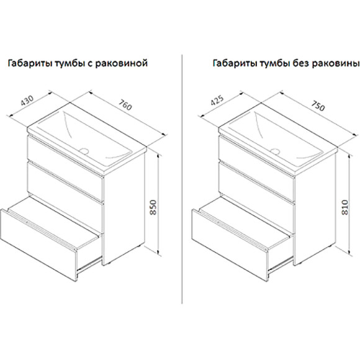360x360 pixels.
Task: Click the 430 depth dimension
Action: (x=27, y=101)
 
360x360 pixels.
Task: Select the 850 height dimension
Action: (x=153, y=207)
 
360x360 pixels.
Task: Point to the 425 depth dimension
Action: (x=217, y=101)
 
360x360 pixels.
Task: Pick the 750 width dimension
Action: (x=318, y=106)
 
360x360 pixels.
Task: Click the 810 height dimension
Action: (x=345, y=207)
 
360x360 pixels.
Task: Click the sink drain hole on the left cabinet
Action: (x=84, y=151)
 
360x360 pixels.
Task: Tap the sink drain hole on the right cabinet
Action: (x=275, y=151)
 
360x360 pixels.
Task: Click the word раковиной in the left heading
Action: (x=121, y=63)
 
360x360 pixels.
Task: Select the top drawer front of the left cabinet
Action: (x=65, y=158)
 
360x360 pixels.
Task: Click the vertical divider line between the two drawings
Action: (x=182, y=179)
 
